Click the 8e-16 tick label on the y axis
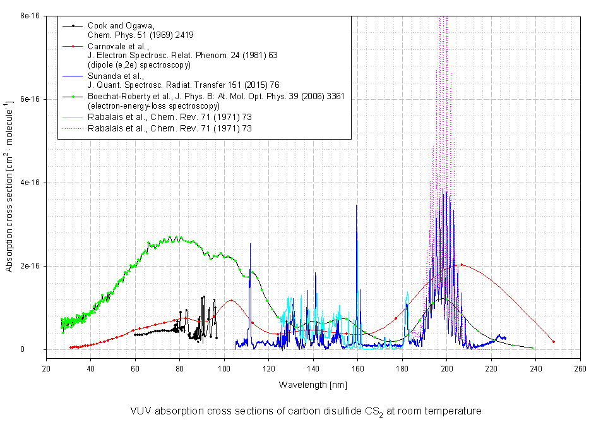tap(29, 15)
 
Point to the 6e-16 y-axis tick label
tap(29, 99)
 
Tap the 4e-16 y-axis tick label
tap(29, 183)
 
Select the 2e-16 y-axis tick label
tap(29, 266)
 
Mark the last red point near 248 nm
tap(554, 342)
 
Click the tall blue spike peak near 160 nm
tap(357, 205)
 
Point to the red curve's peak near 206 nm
tap(462, 265)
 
